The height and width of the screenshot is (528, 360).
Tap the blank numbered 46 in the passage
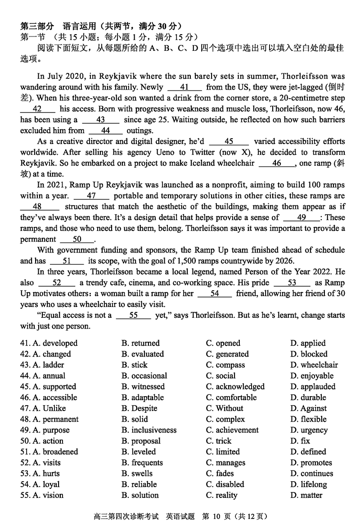pyautogui.click(x=277, y=163)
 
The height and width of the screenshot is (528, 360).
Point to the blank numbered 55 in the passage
pyautogui.click(x=133, y=316)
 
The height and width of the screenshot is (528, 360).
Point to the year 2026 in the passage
pyautogui.click(x=281, y=261)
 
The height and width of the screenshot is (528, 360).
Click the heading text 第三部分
pyautogui.click(x=37, y=26)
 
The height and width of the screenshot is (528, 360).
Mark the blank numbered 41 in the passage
pyautogui.click(x=184, y=87)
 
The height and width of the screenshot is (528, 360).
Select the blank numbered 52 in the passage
pyautogui.click(x=57, y=283)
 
